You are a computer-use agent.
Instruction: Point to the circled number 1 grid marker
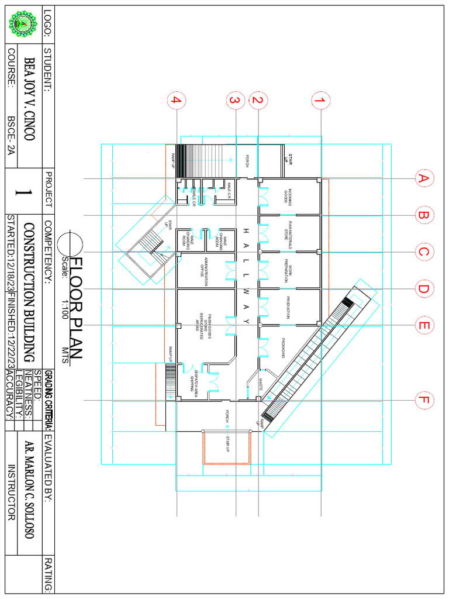[x=319, y=101]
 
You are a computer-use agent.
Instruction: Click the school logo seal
[x=25, y=25]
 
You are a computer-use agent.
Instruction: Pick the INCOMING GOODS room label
[x=287, y=197]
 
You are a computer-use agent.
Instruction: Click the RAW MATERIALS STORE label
[x=287, y=233]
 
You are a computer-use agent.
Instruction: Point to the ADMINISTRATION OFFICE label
[x=205, y=270]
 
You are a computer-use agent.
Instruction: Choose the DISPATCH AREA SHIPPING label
[x=193, y=383]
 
